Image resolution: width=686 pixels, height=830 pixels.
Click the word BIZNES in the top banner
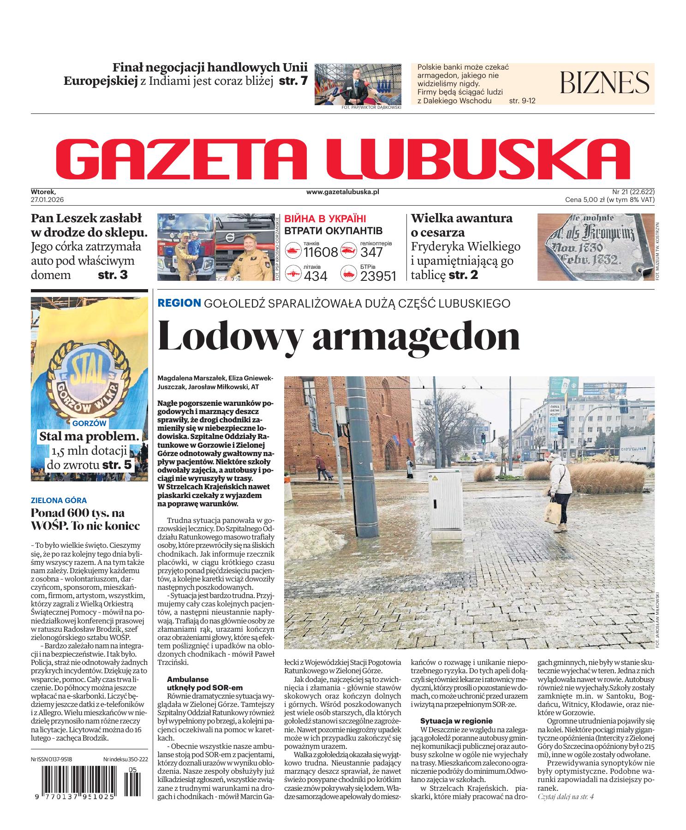pyautogui.click(x=604, y=83)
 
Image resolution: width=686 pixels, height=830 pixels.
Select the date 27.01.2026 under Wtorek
pyautogui.click(x=47, y=200)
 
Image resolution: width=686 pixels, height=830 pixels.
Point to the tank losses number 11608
pyautogui.click(x=321, y=252)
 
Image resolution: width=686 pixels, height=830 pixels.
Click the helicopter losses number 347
pyautogui.click(x=371, y=252)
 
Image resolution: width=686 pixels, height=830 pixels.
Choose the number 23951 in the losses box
pyautogui.click(x=378, y=276)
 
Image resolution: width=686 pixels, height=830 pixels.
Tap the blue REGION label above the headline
pyautogui.click(x=179, y=303)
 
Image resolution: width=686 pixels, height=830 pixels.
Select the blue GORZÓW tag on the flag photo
pyautogui.click(x=89, y=423)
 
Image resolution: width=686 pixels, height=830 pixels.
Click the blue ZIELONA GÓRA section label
pyautogui.click(x=59, y=500)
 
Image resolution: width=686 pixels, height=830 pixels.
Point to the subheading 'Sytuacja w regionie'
pyautogui.click(x=456, y=721)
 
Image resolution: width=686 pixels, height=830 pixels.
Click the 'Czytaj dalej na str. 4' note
pyautogui.click(x=566, y=810)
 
